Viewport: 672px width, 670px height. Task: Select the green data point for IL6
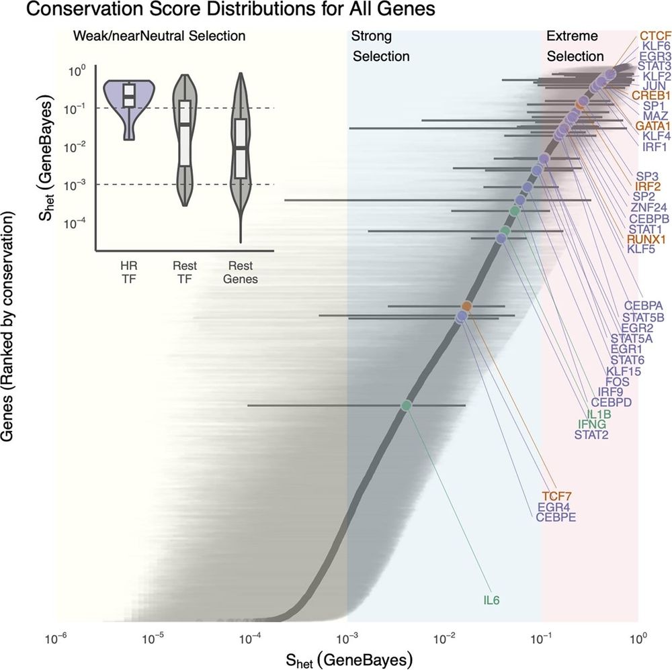(x=406, y=405)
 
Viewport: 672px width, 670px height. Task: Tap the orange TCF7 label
(x=556, y=495)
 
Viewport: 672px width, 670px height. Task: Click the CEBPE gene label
(x=556, y=518)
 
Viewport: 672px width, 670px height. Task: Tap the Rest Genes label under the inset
(x=240, y=273)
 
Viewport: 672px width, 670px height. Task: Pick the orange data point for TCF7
(x=466, y=306)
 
